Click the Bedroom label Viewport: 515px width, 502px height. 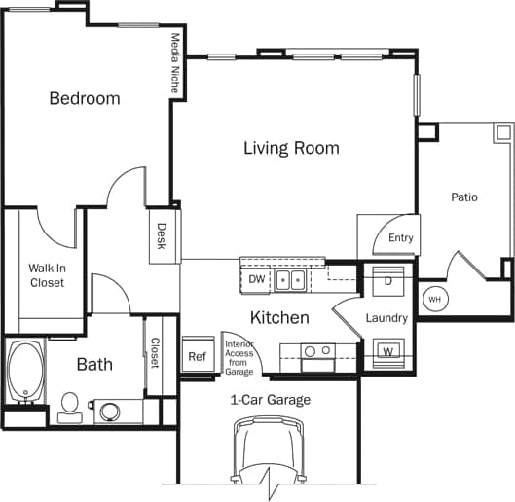point(85,98)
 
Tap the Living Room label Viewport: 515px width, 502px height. point(291,148)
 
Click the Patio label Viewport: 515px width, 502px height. point(464,197)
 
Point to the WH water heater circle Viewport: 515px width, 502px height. point(434,299)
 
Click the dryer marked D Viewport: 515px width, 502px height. point(386,280)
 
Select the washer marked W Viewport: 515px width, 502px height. point(387,349)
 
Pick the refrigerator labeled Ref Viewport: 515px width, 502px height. point(197,357)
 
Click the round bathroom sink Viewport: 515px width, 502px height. point(108,411)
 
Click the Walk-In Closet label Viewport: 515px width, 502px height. point(46,275)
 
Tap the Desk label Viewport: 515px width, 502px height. point(162,236)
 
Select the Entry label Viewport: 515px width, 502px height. point(400,238)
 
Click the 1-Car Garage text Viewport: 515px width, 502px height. point(270,400)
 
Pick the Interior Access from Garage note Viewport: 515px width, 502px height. point(239,357)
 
